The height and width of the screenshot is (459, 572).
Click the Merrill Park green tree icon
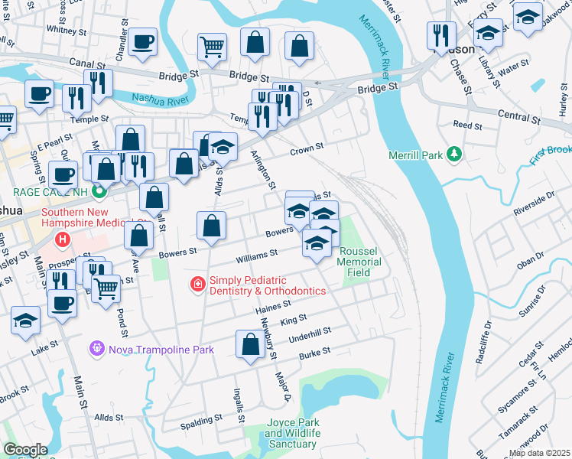(454, 155)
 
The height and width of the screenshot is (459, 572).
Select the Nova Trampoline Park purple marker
(96, 349)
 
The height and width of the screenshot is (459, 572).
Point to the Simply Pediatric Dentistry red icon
(197, 285)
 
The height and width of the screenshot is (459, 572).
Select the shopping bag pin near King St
(250, 343)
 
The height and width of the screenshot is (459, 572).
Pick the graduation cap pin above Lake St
(25, 321)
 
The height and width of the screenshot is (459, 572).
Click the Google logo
(24, 450)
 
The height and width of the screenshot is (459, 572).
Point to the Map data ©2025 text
(539, 453)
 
